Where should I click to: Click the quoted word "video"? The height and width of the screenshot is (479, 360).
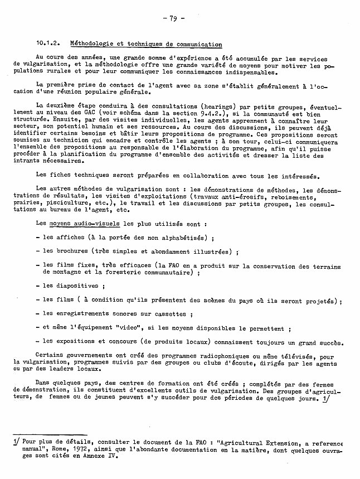(139, 329)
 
